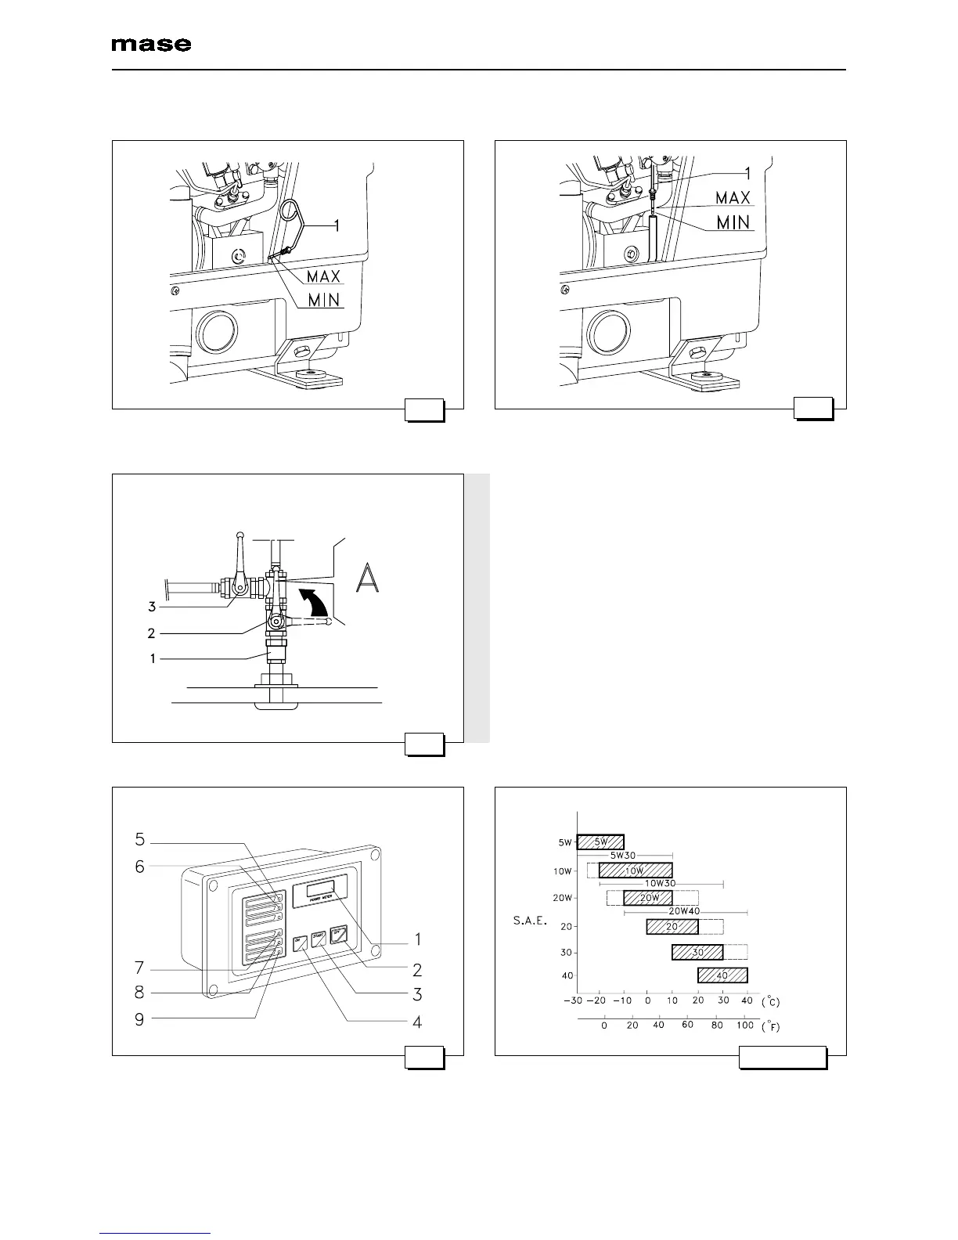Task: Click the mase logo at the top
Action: (x=151, y=45)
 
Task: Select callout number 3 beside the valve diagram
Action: (x=153, y=606)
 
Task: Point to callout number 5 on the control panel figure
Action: (x=139, y=839)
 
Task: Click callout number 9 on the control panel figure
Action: (x=139, y=1019)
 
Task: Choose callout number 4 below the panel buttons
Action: (x=418, y=1022)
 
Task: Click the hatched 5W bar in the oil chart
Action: (x=600, y=842)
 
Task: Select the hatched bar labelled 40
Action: (x=722, y=975)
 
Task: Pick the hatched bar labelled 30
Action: (x=697, y=953)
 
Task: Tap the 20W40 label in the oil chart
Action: (x=684, y=911)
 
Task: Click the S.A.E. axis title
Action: (x=530, y=921)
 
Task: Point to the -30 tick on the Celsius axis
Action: (x=574, y=1001)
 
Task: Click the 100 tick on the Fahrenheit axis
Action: (x=745, y=1026)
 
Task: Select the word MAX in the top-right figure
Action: (x=733, y=197)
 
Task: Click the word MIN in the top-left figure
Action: (x=323, y=300)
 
